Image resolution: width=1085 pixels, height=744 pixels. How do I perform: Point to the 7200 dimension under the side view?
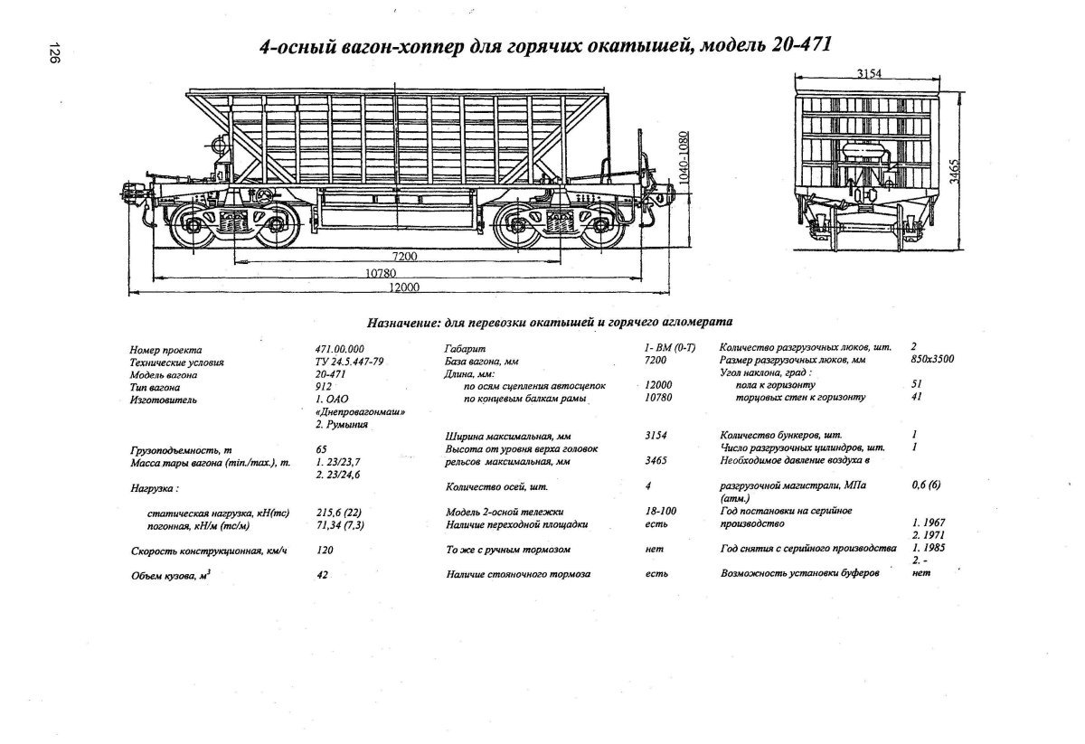pos(406,257)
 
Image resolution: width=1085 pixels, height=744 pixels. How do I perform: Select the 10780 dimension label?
pos(382,272)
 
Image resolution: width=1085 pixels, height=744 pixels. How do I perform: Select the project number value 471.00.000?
pos(339,349)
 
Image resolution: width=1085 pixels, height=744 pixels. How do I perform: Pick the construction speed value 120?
pos(325,550)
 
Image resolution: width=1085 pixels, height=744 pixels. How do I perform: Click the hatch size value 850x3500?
pos(933,359)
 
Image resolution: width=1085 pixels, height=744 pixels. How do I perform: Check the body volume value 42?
pos(322,575)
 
